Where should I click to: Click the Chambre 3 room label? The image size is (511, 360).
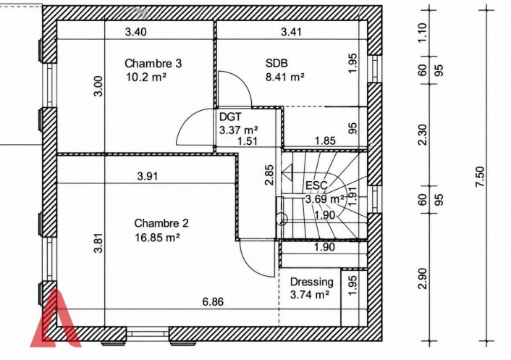pyautogui.click(x=153, y=63)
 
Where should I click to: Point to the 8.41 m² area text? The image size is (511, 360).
pyautogui.click(x=285, y=78)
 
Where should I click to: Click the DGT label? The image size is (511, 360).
pyautogui.click(x=230, y=117)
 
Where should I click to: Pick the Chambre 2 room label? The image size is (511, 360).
pyautogui.click(x=161, y=223)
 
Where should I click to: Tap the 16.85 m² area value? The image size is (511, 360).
pyautogui.click(x=157, y=238)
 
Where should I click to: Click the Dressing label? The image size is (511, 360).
pyautogui.click(x=311, y=282)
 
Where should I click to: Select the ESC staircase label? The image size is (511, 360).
pyautogui.click(x=316, y=185)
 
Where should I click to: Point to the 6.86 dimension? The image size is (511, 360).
pyautogui.click(x=213, y=302)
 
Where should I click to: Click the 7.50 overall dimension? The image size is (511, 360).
pyautogui.click(x=480, y=177)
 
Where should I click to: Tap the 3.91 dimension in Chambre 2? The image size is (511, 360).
pyautogui.click(x=148, y=177)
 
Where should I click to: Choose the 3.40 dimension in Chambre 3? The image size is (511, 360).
pyautogui.click(x=136, y=32)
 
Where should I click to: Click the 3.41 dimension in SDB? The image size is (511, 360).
pyautogui.click(x=292, y=32)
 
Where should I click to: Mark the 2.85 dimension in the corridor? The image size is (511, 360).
pyautogui.click(x=269, y=175)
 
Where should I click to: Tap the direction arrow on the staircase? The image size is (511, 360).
pyautogui.click(x=288, y=172)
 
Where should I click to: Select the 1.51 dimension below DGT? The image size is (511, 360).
pyautogui.click(x=248, y=141)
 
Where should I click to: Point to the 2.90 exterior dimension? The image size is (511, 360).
pyautogui.click(x=423, y=278)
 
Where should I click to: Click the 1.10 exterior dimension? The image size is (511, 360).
pyautogui.click(x=423, y=33)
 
